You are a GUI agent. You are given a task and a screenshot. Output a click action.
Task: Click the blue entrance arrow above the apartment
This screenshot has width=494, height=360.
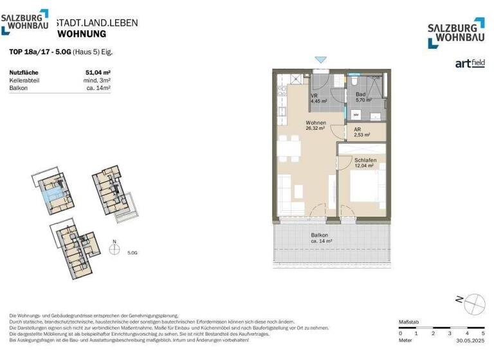[x=320, y=60]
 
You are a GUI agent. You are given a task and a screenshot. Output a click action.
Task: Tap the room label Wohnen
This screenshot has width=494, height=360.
[x=315, y=123]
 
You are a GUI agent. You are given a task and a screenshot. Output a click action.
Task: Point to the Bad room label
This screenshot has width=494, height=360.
[x=360, y=94]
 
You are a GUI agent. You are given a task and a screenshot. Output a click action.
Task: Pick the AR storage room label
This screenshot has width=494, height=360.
[x=358, y=129]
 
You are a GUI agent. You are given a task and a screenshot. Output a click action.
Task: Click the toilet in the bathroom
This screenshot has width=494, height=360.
[x=354, y=83]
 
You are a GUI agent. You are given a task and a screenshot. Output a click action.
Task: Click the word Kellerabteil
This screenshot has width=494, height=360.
[x=25, y=80]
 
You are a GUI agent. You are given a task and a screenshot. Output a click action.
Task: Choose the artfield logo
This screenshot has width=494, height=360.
[x=470, y=63]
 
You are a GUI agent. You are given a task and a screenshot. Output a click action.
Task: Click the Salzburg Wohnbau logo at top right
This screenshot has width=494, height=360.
[x=456, y=33]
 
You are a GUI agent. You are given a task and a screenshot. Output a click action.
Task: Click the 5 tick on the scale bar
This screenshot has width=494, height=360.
[x=482, y=334]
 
